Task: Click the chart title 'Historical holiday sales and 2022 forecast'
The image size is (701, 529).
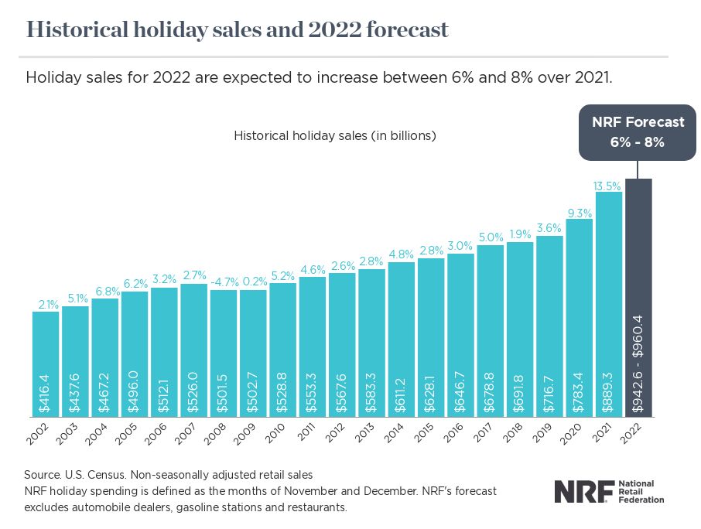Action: tap(238, 30)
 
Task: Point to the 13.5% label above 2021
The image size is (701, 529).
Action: tap(609, 185)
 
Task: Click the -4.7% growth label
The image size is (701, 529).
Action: tap(223, 282)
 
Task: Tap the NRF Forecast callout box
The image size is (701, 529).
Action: tap(638, 132)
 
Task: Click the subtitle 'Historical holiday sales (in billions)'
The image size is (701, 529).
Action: tap(335, 135)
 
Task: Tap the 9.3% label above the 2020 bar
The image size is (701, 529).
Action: tap(580, 212)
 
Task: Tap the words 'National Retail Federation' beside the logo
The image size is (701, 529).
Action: tap(641, 491)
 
